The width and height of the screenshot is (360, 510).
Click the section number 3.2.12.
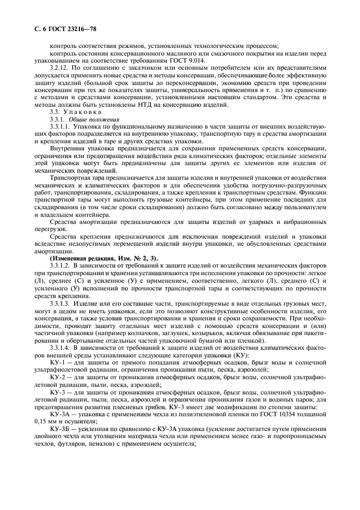click(x=58, y=69)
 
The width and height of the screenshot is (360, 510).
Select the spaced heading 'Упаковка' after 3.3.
click(x=83, y=111)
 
